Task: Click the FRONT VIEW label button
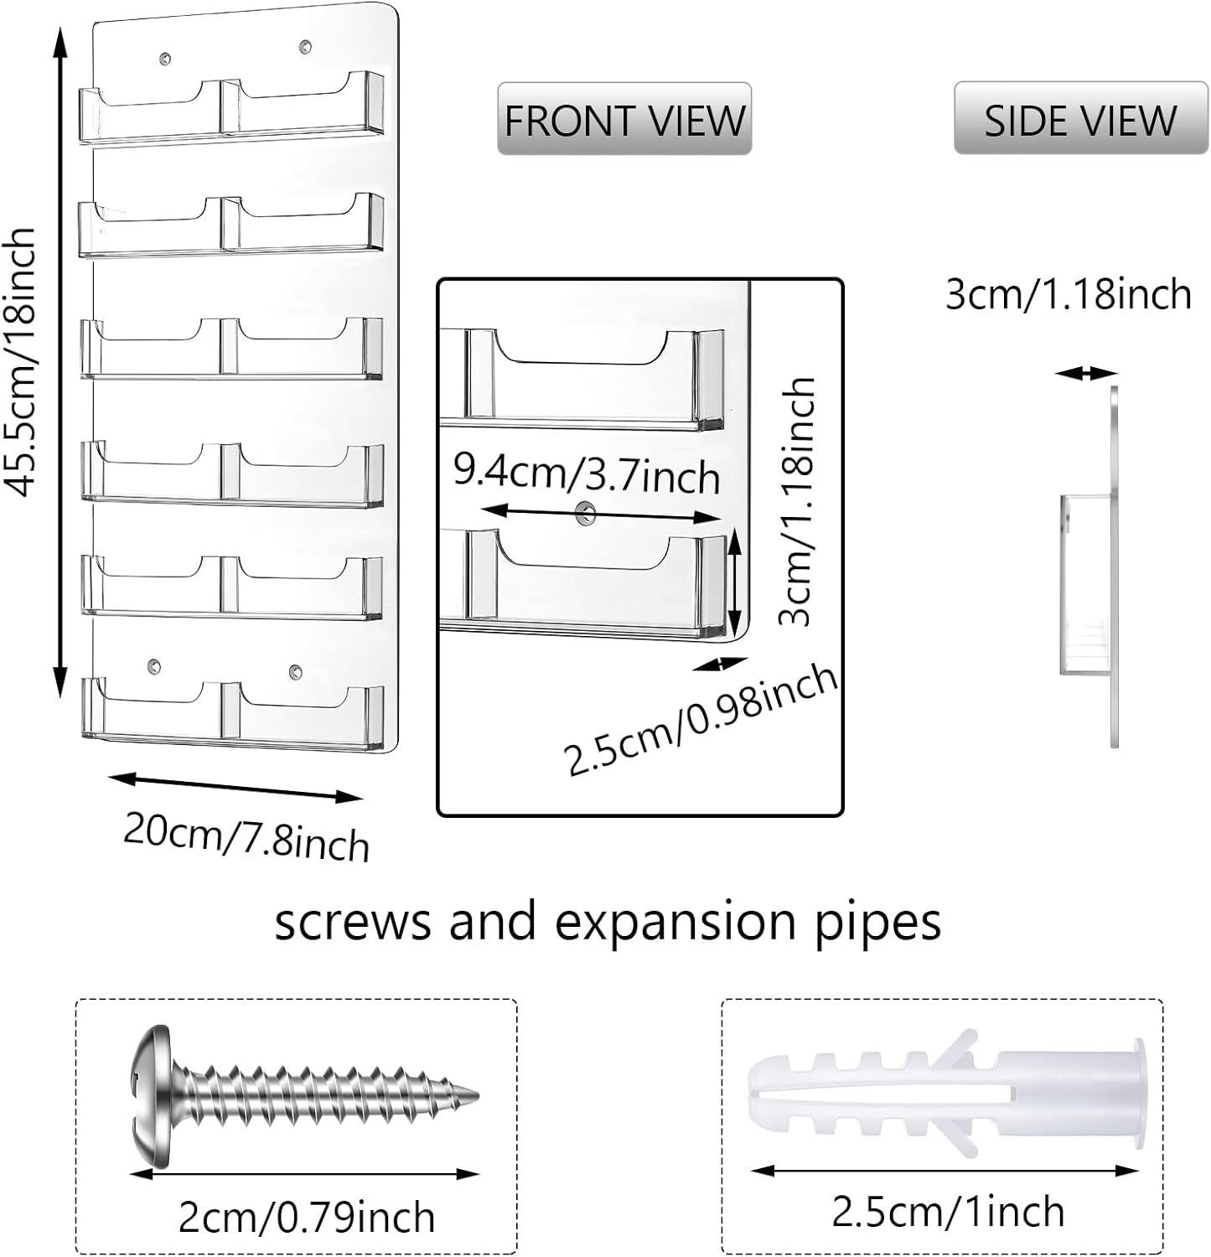(624, 119)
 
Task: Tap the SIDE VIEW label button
(1080, 119)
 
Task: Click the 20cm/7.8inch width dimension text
(246, 835)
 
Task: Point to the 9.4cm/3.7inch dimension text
(586, 474)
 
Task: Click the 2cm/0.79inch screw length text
(307, 1217)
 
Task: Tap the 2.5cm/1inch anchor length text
(947, 1212)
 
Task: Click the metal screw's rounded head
(151, 1096)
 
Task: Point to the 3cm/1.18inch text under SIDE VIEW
(1069, 295)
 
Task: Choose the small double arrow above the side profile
(1086, 374)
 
